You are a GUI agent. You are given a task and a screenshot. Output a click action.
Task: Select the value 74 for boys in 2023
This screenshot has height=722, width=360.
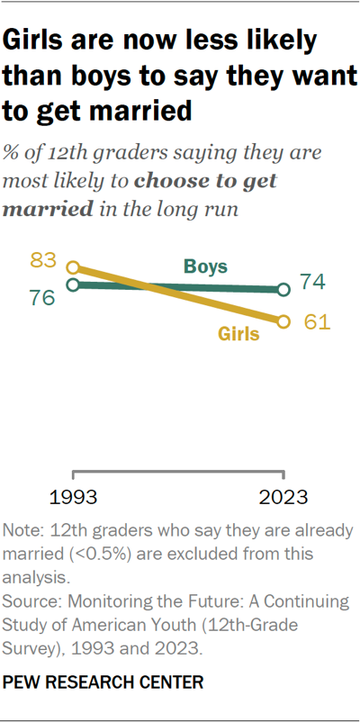click(312, 283)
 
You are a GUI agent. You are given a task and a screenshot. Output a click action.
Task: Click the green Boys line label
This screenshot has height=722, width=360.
click(205, 266)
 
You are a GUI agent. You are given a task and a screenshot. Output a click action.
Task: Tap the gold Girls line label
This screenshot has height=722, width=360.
click(238, 334)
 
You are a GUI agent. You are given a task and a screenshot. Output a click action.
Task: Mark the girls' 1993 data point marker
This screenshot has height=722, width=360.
click(74, 267)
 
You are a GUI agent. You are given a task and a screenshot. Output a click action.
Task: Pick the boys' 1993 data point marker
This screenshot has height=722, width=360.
click(74, 284)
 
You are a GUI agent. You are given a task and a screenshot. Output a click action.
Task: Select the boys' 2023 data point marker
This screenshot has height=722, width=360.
click(284, 290)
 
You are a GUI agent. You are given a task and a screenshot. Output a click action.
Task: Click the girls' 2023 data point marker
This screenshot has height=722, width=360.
click(284, 321)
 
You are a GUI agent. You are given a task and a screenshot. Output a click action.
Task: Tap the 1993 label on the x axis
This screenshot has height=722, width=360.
click(74, 496)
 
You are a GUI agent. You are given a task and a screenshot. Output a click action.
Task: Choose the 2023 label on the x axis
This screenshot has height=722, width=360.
click(284, 496)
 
